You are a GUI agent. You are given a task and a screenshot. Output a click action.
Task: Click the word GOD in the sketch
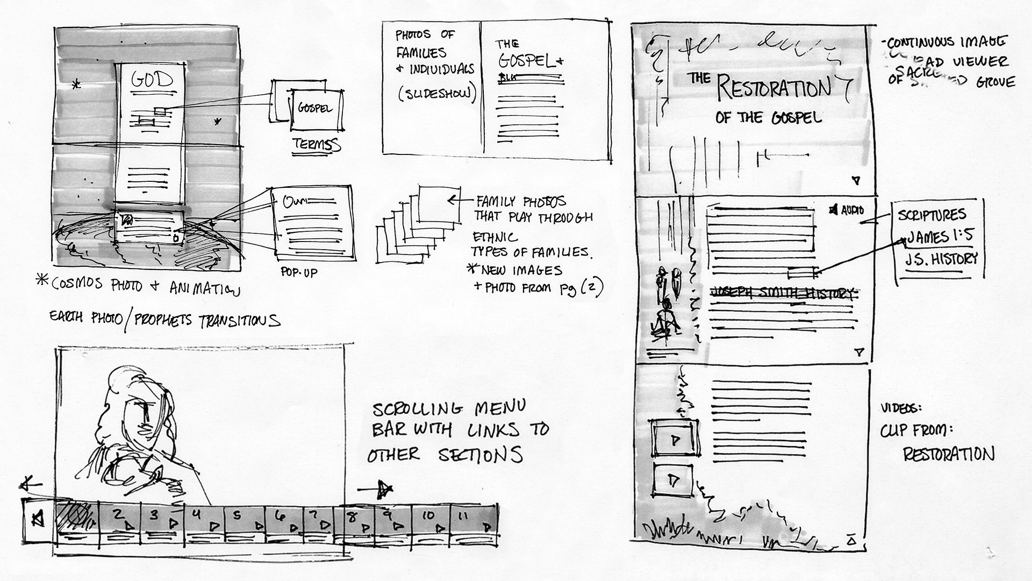(153, 81)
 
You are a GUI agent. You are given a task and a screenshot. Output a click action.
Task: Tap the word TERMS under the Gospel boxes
(316, 145)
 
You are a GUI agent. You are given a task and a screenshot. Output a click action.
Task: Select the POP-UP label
(299, 272)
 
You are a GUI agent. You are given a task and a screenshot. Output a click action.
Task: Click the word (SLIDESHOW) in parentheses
(437, 94)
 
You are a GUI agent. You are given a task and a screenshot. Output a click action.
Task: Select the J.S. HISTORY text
(941, 259)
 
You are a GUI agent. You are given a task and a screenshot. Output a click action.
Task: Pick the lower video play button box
(672, 480)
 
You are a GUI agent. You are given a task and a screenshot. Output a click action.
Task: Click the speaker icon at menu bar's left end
(38, 519)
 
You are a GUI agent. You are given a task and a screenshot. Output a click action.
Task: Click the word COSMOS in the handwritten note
(77, 284)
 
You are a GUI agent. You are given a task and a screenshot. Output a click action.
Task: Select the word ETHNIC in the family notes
(495, 237)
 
